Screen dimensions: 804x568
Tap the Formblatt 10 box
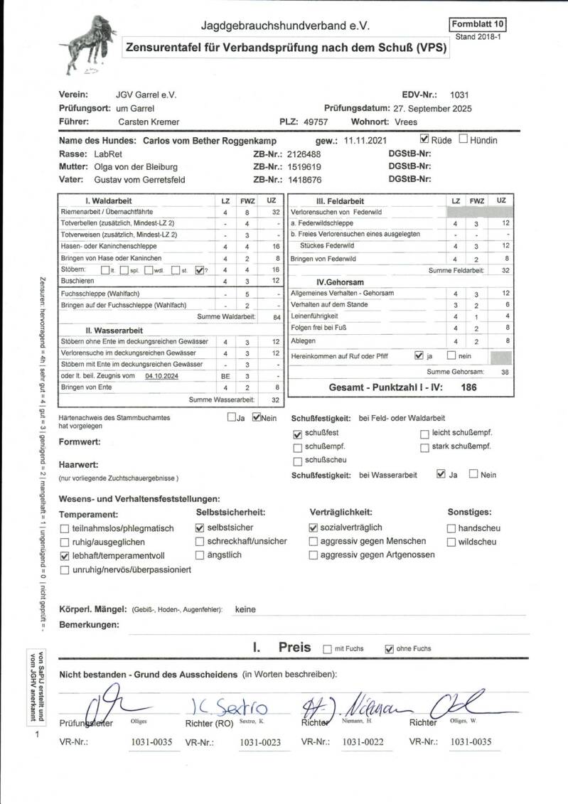pos(478,24)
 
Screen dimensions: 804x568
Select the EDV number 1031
pos(459,95)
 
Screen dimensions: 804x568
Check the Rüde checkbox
pos(425,139)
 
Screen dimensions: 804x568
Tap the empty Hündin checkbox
pos(463,139)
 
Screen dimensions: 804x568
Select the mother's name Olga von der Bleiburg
pos(135,166)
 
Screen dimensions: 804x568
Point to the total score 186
pos(468,388)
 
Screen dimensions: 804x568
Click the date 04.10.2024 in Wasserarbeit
pos(161,375)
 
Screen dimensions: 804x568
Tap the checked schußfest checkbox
pos(297,434)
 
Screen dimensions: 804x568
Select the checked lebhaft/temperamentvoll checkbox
pos(65,556)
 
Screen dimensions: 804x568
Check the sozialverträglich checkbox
pos(314,528)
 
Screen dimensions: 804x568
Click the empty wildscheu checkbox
pos(451,542)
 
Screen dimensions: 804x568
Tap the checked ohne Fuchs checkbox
pos(389,649)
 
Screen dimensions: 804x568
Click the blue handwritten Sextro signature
pos(230,707)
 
